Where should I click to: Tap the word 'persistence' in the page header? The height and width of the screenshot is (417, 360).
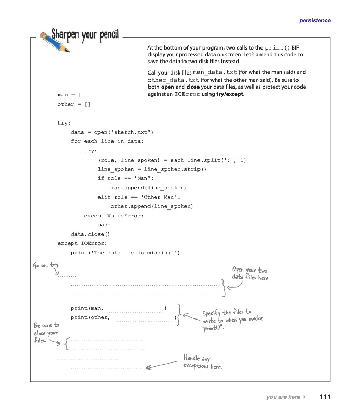(315, 20)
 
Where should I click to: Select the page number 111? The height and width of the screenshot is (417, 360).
(325, 397)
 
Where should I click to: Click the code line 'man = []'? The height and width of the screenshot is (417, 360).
(71, 95)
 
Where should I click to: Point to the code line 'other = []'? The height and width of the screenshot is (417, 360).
(74, 105)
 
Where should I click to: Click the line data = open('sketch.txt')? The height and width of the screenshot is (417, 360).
(112, 132)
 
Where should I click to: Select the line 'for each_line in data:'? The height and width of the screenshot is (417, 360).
(107, 141)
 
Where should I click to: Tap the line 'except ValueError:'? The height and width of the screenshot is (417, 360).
(114, 215)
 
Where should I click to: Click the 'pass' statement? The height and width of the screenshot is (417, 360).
(104, 225)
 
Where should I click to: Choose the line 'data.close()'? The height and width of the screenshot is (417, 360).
(91, 234)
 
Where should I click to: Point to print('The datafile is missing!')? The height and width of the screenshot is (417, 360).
(125, 253)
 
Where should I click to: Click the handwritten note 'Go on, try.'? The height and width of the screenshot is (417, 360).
(46, 265)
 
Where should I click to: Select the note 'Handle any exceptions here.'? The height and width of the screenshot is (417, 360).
(202, 362)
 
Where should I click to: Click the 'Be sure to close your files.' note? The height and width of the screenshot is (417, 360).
(46, 333)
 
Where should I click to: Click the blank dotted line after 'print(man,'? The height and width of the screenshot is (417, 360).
(134, 311)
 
